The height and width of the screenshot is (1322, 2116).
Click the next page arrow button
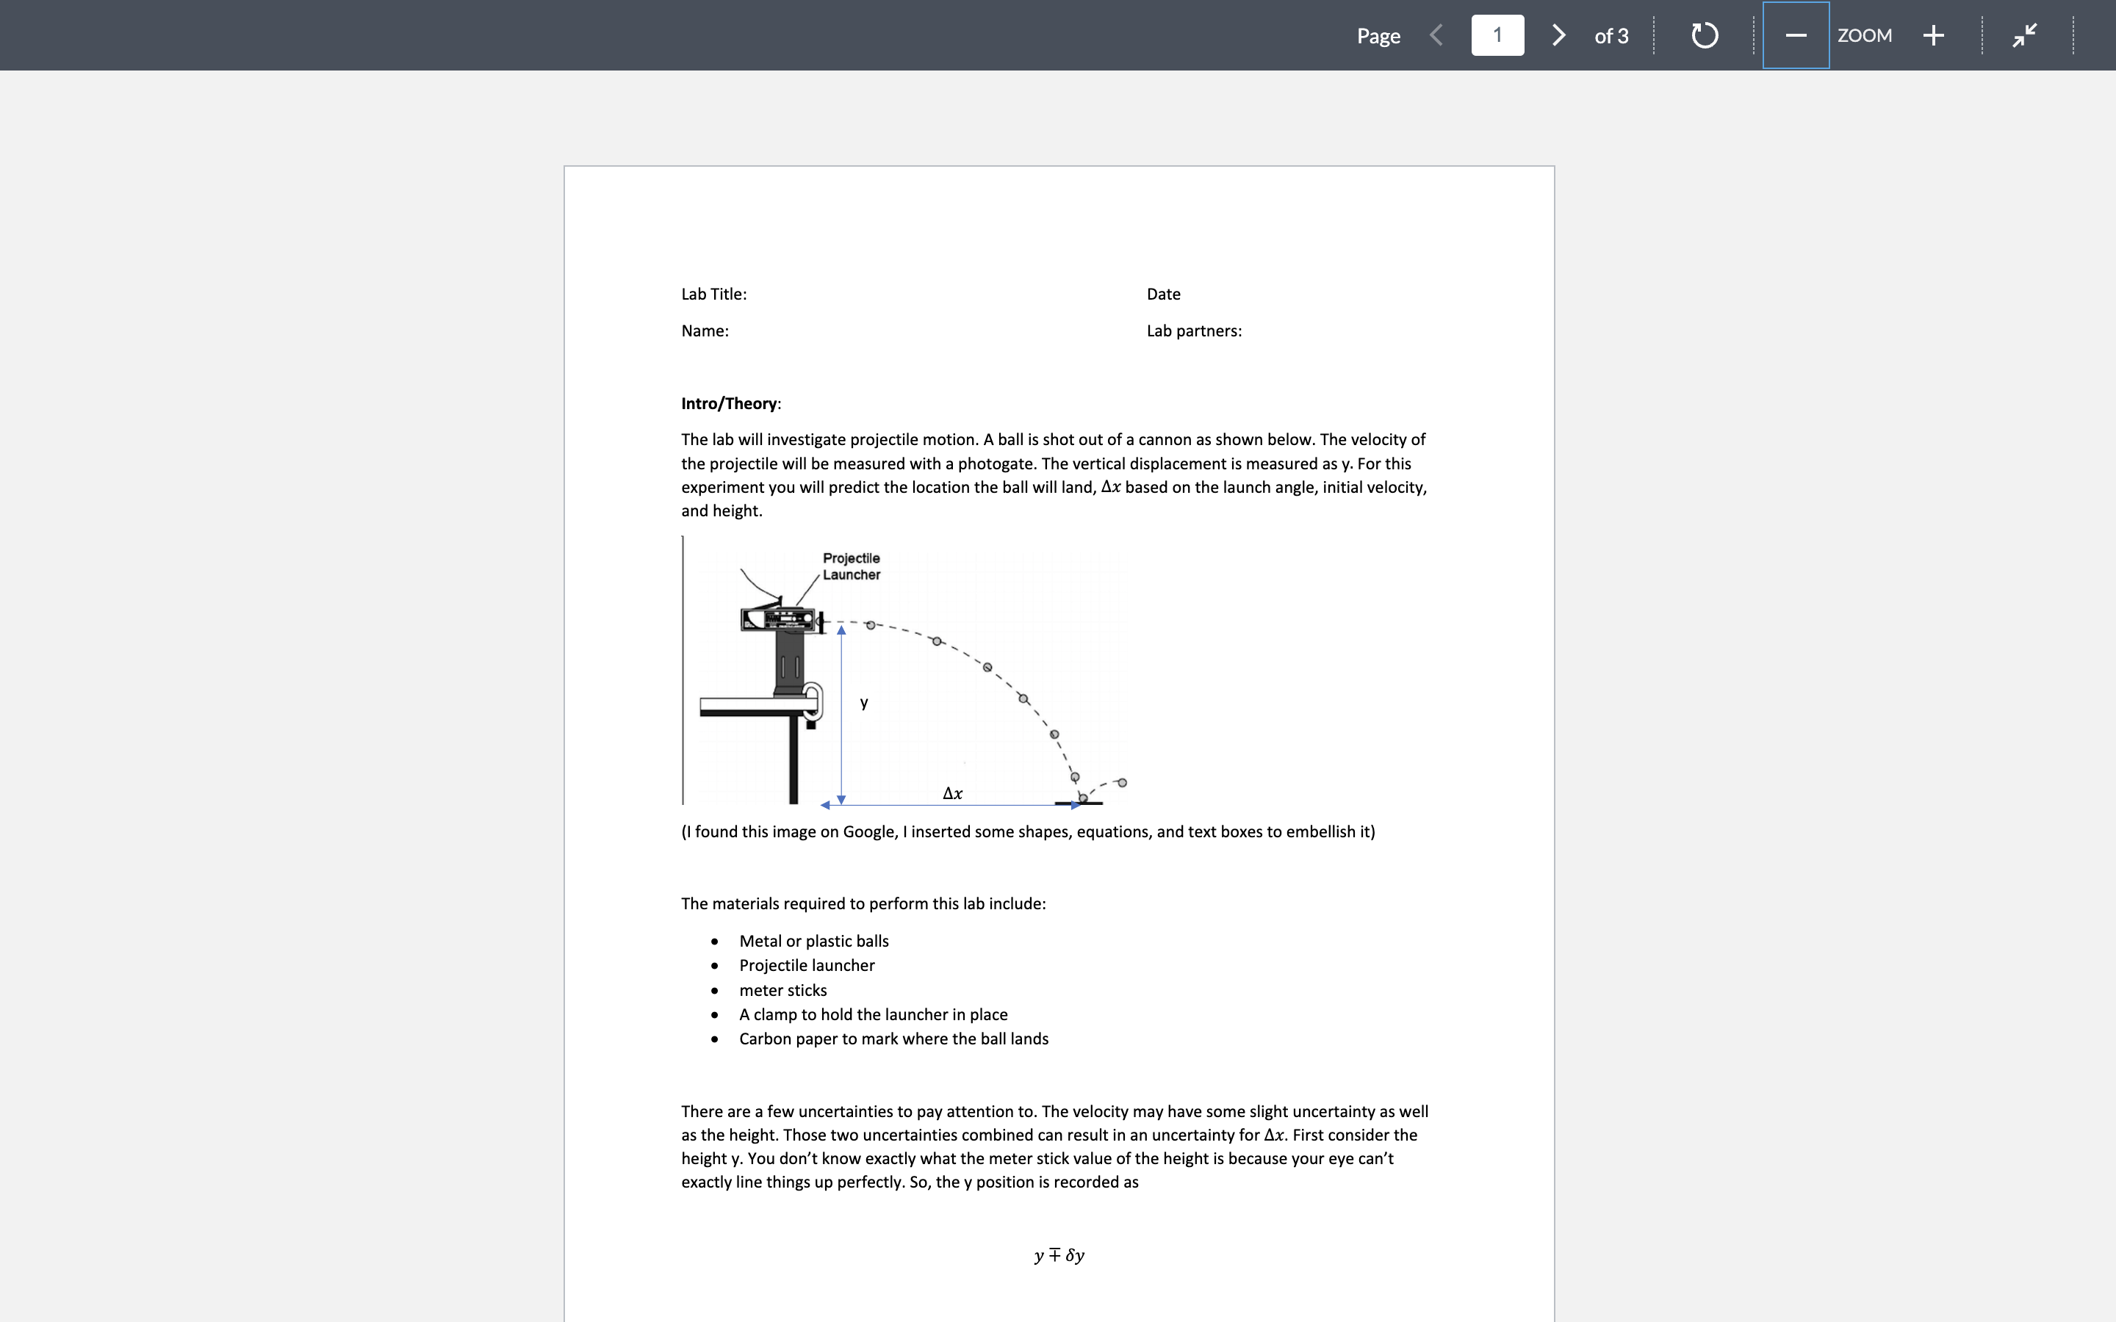1558,35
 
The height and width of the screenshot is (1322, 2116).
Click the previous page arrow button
1436,35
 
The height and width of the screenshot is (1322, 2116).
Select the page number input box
1497,35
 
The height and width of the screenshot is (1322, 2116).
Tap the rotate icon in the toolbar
1704,35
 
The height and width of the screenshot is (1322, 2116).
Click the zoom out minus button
1795,35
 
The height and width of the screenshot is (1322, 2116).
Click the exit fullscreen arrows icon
2024,35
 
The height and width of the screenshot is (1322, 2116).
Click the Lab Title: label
713,294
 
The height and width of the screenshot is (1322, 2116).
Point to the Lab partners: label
1193,330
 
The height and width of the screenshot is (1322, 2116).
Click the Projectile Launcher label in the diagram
851,566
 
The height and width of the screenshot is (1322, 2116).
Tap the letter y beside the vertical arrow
864,702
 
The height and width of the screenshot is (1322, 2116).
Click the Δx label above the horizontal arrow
952,793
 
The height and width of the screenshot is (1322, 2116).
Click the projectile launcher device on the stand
781,619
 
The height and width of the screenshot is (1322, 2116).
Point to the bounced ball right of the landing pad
1122,782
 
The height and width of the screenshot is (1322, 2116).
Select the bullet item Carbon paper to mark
893,1039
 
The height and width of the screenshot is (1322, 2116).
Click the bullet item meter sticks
782,990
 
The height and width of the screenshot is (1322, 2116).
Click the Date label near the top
1163,294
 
